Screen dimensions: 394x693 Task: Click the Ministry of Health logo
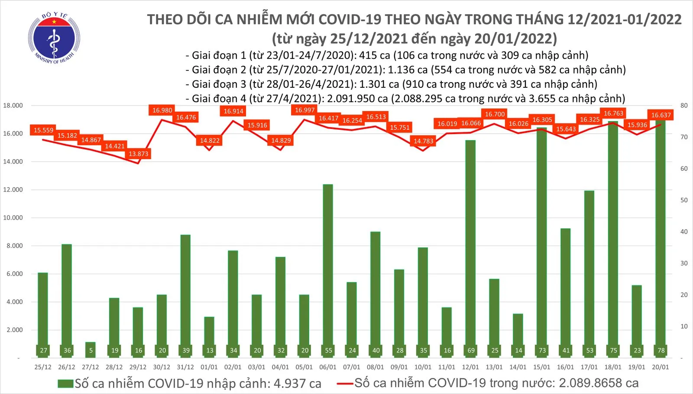[x=54, y=38]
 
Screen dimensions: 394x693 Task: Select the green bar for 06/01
[x=328, y=268]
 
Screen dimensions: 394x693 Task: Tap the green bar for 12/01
[x=470, y=247]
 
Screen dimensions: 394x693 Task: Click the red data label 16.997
[x=304, y=110]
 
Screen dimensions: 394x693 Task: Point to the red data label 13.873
[x=139, y=154]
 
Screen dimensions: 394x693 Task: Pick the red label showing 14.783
[x=423, y=141]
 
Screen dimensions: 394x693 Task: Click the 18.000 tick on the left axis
[x=13, y=106]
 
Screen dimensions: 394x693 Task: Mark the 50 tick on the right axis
[x=684, y=200]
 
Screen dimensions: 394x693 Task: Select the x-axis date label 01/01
[x=209, y=367]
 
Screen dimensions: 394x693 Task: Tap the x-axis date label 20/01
[x=660, y=367]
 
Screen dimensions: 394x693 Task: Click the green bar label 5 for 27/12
[x=91, y=350]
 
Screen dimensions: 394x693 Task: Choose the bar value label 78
[x=661, y=350]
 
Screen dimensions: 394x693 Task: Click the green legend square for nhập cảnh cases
[x=65, y=384]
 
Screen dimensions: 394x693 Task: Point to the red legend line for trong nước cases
[x=345, y=383]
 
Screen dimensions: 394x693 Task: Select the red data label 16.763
[x=613, y=113]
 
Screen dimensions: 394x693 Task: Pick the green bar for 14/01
[x=518, y=333]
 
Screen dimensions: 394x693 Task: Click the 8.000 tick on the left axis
[x=14, y=246]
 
